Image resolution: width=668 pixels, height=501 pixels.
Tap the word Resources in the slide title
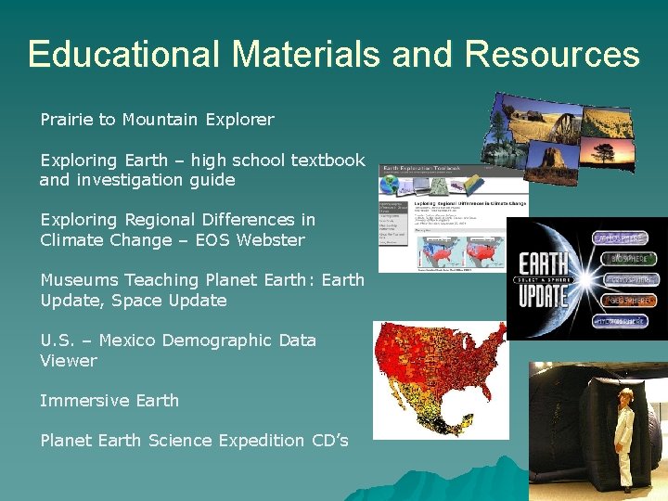(553, 54)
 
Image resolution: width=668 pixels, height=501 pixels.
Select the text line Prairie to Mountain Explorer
(157, 120)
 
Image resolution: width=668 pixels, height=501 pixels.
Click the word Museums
(79, 280)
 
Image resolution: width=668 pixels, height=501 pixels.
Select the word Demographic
(216, 340)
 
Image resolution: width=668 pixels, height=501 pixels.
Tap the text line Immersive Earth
(109, 401)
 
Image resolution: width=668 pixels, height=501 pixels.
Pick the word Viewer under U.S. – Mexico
(69, 361)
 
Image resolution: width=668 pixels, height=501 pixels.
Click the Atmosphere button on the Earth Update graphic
(622, 238)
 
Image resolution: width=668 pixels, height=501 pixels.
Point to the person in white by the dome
(624, 437)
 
